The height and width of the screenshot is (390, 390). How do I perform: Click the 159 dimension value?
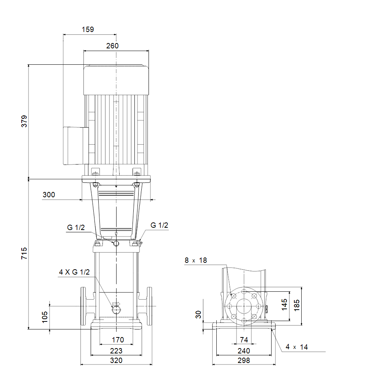pyautogui.click(x=88, y=29)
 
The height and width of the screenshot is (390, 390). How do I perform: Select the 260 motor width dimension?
pyautogui.click(x=112, y=46)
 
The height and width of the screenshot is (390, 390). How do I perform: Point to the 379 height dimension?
pyautogui.click(x=24, y=121)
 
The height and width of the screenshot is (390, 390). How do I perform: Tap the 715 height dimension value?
pyautogui.click(x=24, y=253)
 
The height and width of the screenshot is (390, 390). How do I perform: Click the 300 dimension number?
pyautogui.click(x=49, y=195)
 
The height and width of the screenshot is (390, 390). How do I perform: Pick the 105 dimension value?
pyautogui.click(x=45, y=317)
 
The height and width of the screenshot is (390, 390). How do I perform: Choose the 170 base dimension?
pyautogui.click(x=118, y=340)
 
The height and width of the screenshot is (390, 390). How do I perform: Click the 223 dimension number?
pyautogui.click(x=116, y=351)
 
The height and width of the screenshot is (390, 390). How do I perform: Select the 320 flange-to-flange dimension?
pyautogui.click(x=116, y=360)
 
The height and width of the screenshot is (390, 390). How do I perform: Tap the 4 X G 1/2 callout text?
pyautogui.click(x=74, y=272)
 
